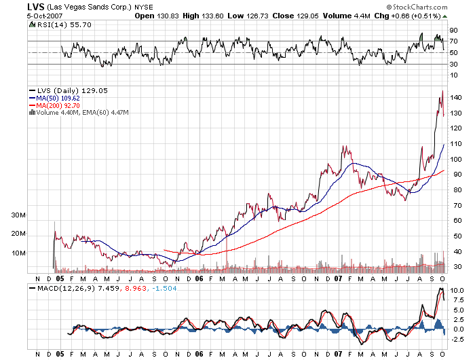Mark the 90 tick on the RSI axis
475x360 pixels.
[454, 31]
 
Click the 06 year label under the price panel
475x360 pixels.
[198, 278]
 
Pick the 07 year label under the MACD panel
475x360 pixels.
[338, 354]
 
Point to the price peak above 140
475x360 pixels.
[442, 91]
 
